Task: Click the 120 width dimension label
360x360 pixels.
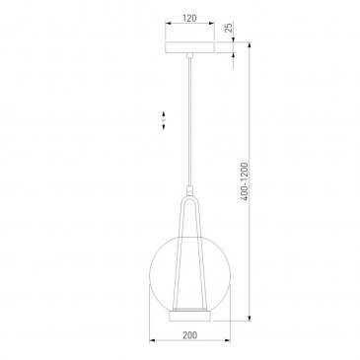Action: [x=189, y=18]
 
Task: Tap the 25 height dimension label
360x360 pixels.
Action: [x=229, y=27]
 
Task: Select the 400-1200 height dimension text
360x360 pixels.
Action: [x=244, y=181]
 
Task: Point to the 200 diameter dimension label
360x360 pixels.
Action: [x=189, y=335]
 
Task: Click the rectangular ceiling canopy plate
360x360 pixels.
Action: [x=189, y=47]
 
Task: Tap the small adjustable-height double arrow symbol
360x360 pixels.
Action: [x=164, y=120]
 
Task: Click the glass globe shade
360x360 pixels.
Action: [x=189, y=274]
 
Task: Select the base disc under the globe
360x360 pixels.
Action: [x=189, y=317]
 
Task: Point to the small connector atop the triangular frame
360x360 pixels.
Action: [x=189, y=190]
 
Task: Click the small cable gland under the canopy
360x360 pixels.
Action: [x=189, y=55]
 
